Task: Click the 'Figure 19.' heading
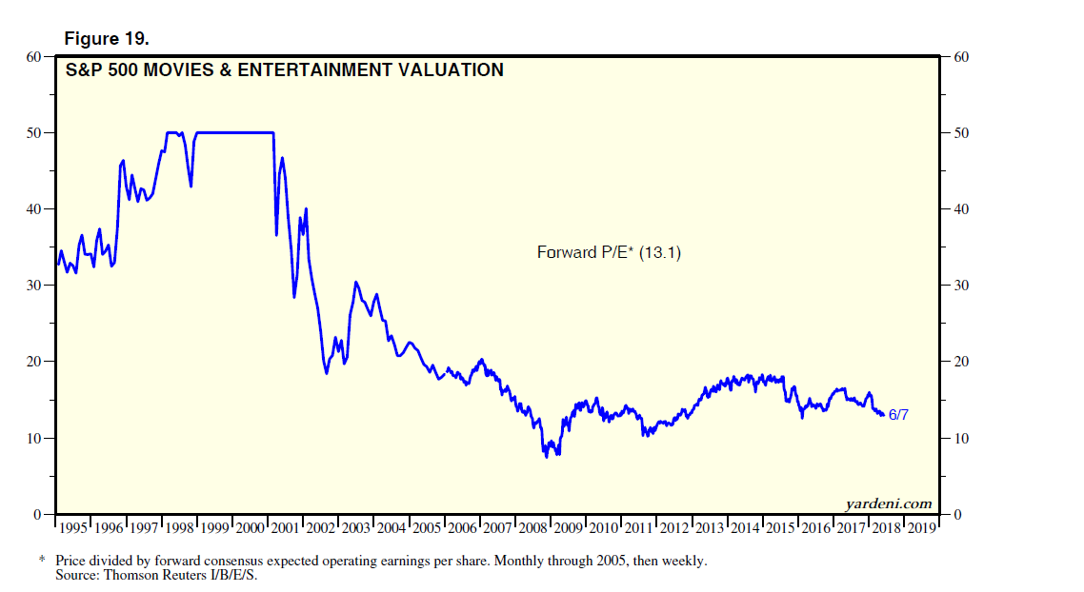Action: pos(107,39)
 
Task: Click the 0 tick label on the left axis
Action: pos(38,514)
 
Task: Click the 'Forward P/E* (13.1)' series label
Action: pos(610,252)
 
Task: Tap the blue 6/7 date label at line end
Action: pos(898,416)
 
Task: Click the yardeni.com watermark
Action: pos(888,503)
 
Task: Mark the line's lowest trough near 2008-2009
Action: pos(547,457)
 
